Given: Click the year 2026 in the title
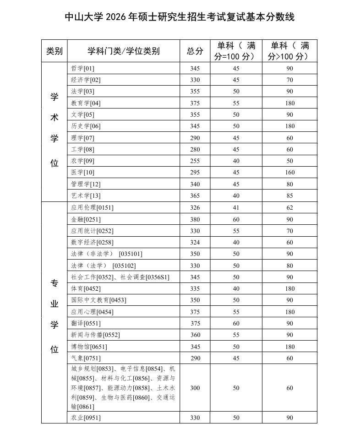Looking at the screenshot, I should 116,17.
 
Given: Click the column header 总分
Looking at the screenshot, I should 195,51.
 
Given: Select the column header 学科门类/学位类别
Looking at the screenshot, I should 123,51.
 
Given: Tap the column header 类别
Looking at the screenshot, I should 54,51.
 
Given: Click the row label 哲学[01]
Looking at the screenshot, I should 82,68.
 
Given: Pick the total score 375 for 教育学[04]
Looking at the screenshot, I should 195,103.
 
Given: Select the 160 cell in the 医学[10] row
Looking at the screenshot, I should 289,173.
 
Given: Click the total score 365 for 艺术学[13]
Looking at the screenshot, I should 195,196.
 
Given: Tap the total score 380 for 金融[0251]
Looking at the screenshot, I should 195,219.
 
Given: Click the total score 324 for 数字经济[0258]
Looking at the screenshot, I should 195,242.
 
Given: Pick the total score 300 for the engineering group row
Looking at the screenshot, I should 195,388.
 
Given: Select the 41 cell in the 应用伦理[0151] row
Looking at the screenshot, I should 236,207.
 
